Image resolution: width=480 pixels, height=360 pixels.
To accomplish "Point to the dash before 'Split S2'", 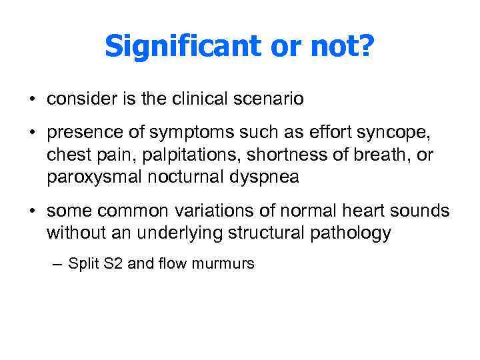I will coord(55,264).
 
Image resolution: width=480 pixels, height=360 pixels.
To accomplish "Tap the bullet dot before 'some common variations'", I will coord(32,211).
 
